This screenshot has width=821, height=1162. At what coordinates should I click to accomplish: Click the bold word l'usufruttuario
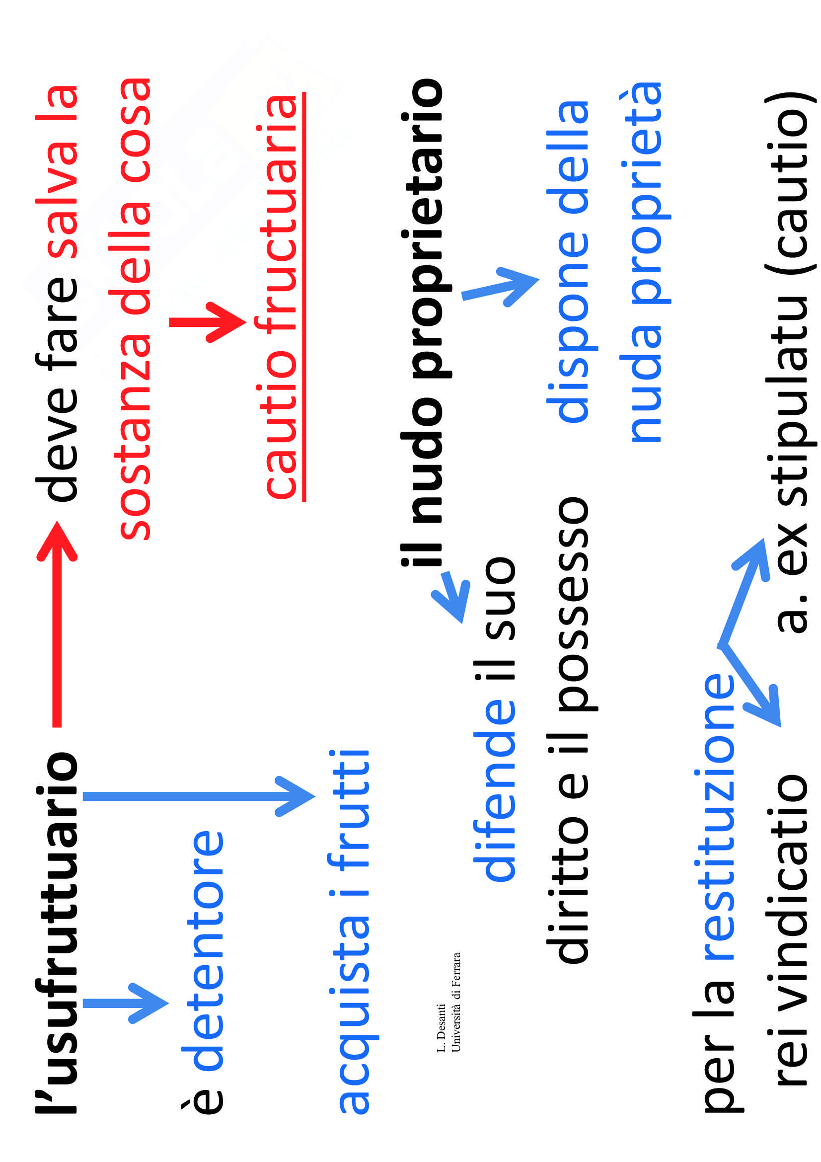pyautogui.click(x=57, y=934)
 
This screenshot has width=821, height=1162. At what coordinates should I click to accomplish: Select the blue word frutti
pyautogui.click(x=349, y=810)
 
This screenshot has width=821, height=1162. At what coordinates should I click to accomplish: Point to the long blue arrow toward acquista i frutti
pyautogui.click(x=197, y=796)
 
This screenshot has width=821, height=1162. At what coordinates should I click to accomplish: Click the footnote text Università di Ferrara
pyautogui.click(x=456, y=1002)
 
